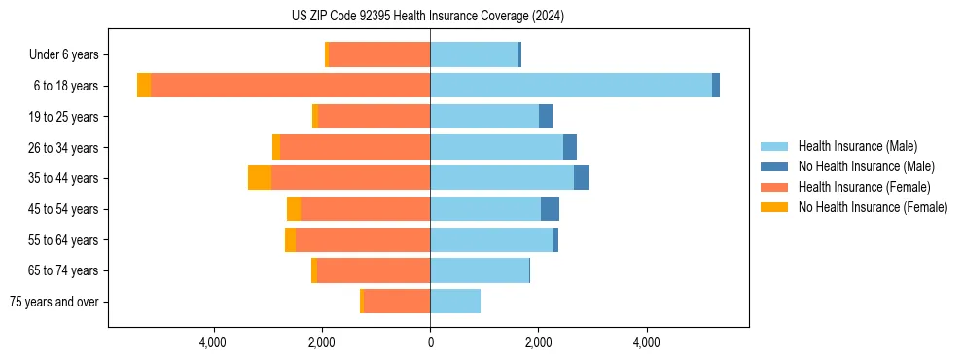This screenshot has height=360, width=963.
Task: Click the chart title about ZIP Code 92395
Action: point(428,17)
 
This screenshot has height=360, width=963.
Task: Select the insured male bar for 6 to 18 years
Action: point(571,86)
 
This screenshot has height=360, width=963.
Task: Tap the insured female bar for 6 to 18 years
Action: point(290,86)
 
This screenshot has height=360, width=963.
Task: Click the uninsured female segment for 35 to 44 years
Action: point(260,178)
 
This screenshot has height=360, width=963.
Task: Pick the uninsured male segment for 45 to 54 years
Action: point(550,208)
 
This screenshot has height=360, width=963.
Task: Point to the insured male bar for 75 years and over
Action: point(455,302)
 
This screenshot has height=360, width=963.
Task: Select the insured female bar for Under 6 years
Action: point(379,54)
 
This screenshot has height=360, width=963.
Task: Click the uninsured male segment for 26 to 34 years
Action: point(570,147)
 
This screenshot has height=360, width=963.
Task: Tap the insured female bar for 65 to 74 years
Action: point(374,270)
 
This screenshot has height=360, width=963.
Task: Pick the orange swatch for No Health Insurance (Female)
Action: point(774,207)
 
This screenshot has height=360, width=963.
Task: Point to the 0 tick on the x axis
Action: point(430,342)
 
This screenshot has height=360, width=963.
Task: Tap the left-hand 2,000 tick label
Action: point(322,342)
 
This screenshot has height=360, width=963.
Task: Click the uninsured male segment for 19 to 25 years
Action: point(546,117)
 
